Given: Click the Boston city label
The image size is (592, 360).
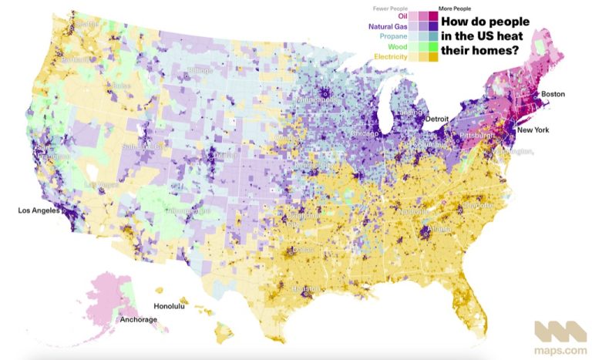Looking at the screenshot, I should click(553, 94).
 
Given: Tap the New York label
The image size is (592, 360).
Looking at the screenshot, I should click(533, 130).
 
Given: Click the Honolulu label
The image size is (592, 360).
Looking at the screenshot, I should click(170, 307).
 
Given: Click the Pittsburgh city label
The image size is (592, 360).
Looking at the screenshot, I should click(476, 136).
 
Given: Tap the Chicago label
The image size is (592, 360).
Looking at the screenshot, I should click(364, 133).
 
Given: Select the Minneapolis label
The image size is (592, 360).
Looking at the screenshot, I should click(315, 100).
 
